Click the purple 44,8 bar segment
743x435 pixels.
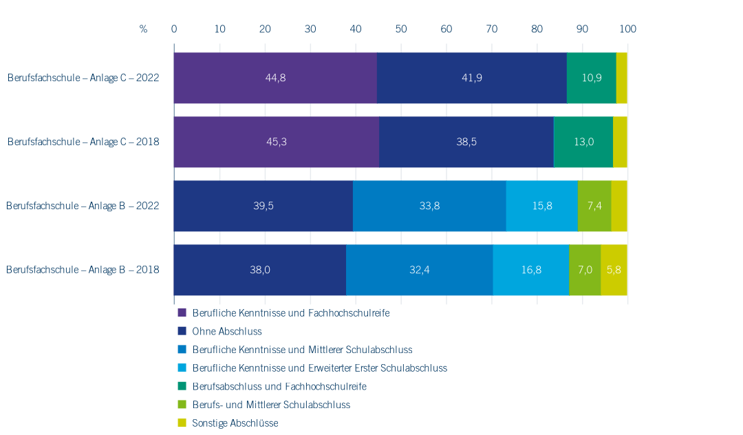[x=275, y=78]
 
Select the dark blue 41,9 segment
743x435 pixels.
[x=472, y=78]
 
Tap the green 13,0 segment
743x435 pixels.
[x=583, y=142]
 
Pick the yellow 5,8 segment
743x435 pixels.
[x=614, y=270]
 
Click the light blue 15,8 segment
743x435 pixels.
[x=542, y=206]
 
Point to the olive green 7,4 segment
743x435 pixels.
[x=594, y=206]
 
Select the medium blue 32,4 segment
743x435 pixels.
[x=420, y=270]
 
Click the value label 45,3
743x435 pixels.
[x=277, y=142]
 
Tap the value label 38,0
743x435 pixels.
[x=260, y=270]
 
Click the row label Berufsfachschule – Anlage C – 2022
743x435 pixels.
[x=83, y=78]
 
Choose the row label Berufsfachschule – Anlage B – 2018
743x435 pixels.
[x=83, y=270]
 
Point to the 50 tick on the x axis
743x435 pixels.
[x=401, y=29]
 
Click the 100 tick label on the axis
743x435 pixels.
[x=628, y=29]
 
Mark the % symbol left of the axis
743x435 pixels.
[x=143, y=29]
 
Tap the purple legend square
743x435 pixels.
[x=182, y=312]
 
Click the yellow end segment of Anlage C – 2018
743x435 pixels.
[x=621, y=142]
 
